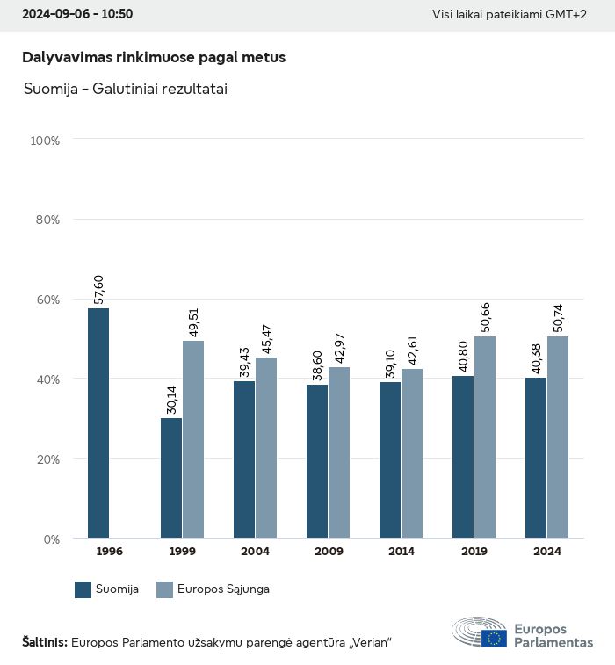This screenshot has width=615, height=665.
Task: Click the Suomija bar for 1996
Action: click(98, 423)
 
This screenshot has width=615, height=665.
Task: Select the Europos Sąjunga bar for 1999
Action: click(193, 439)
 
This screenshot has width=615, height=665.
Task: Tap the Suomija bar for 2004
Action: click(244, 459)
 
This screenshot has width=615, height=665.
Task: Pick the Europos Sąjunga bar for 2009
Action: click(339, 452)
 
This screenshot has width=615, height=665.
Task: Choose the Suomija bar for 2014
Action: click(390, 460)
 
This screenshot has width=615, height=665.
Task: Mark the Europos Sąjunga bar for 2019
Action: click(485, 437)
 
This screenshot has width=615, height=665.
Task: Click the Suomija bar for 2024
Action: click(536, 458)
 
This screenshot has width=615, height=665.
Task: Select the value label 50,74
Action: click(559, 316)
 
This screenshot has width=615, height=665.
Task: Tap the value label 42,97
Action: click(340, 347)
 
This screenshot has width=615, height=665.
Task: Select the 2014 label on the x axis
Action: click(401, 552)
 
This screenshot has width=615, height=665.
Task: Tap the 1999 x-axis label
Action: click(182, 552)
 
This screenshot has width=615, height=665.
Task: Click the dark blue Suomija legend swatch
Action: click(83, 589)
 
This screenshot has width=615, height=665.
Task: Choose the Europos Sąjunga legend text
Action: click(225, 589)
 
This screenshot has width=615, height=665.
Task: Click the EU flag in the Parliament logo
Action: click(494, 638)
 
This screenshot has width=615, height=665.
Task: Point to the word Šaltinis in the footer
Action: click(44, 642)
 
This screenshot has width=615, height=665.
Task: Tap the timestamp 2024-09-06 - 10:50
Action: click(76, 15)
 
